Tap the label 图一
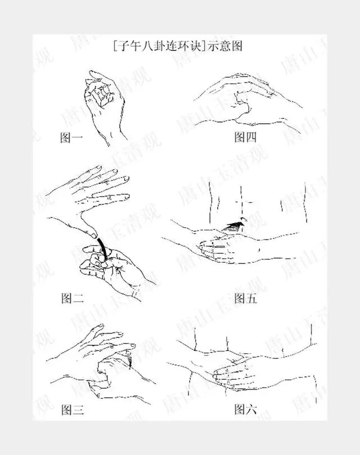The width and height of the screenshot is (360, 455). coord(72,137)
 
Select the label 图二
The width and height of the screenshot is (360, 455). coord(72,298)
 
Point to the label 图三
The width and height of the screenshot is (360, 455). coord(72,409)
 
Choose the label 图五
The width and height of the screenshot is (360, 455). coord(245,298)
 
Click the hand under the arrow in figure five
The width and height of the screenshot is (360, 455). coord(222,247)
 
